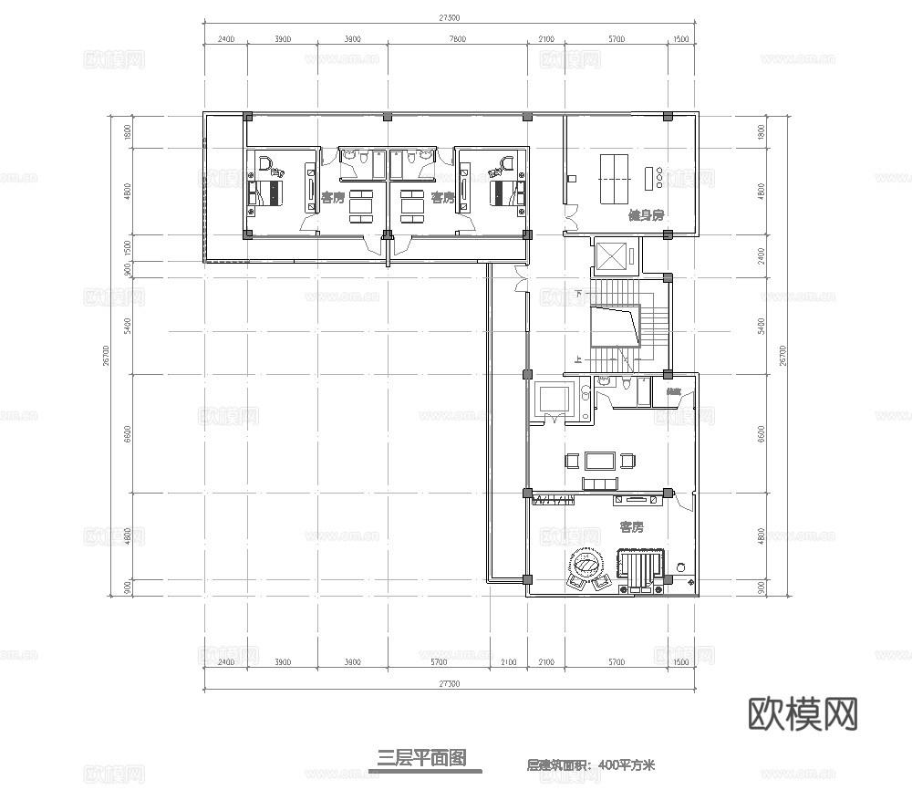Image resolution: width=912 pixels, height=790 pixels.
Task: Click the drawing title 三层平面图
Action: point(422,757)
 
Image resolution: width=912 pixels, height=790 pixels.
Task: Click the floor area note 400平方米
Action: point(628,765)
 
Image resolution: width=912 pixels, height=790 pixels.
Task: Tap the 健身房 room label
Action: point(645,216)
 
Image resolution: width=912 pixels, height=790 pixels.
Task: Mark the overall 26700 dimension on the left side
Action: point(107,356)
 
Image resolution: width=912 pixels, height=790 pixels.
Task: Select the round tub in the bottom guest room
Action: point(589,563)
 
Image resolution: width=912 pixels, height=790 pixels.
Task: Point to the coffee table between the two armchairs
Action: point(600,459)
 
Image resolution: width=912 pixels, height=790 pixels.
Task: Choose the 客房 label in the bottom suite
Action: point(631,527)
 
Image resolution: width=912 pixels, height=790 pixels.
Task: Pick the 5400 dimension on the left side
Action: point(129,324)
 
